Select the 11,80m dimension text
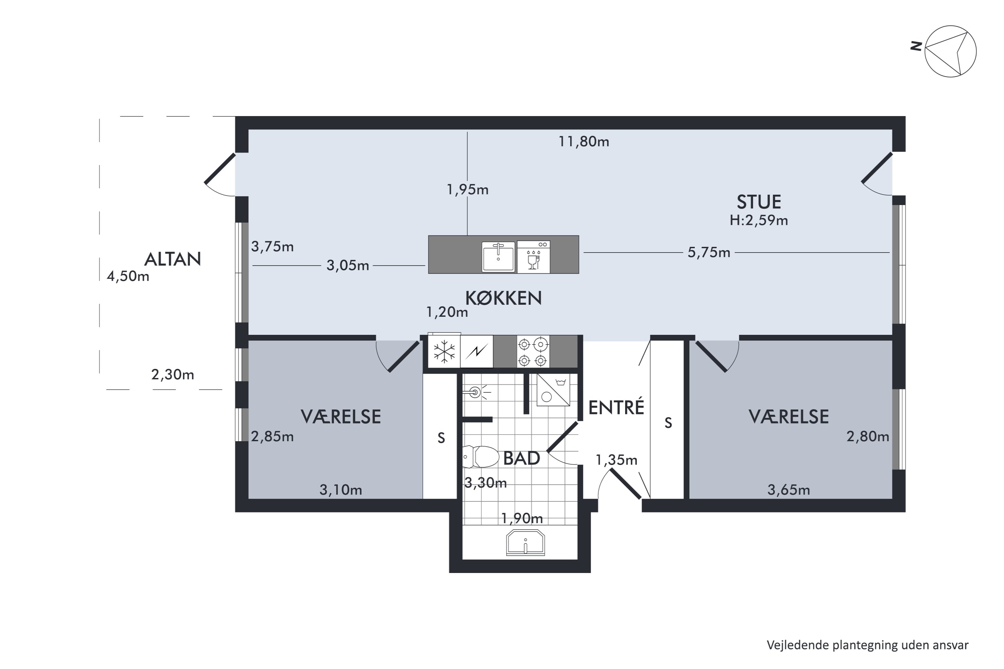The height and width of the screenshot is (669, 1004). (x=584, y=141)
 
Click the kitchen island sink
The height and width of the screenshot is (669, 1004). (x=498, y=257)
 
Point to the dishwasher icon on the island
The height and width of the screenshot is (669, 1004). (x=533, y=257)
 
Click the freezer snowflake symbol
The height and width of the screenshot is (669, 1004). (x=444, y=352)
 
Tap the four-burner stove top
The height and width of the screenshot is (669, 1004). (x=533, y=352)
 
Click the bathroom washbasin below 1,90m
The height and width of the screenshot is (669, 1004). (x=525, y=543)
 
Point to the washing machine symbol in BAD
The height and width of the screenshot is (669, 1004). (x=553, y=390)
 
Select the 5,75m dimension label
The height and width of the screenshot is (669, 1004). (x=708, y=253)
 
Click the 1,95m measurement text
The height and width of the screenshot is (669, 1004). (x=468, y=189)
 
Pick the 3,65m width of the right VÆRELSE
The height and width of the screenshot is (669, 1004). (x=788, y=490)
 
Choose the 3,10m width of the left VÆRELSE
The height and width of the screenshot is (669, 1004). (x=341, y=490)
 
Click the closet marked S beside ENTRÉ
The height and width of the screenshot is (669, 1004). (x=668, y=423)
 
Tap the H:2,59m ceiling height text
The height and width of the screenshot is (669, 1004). (x=759, y=220)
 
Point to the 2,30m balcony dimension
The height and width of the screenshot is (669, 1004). (x=172, y=375)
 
